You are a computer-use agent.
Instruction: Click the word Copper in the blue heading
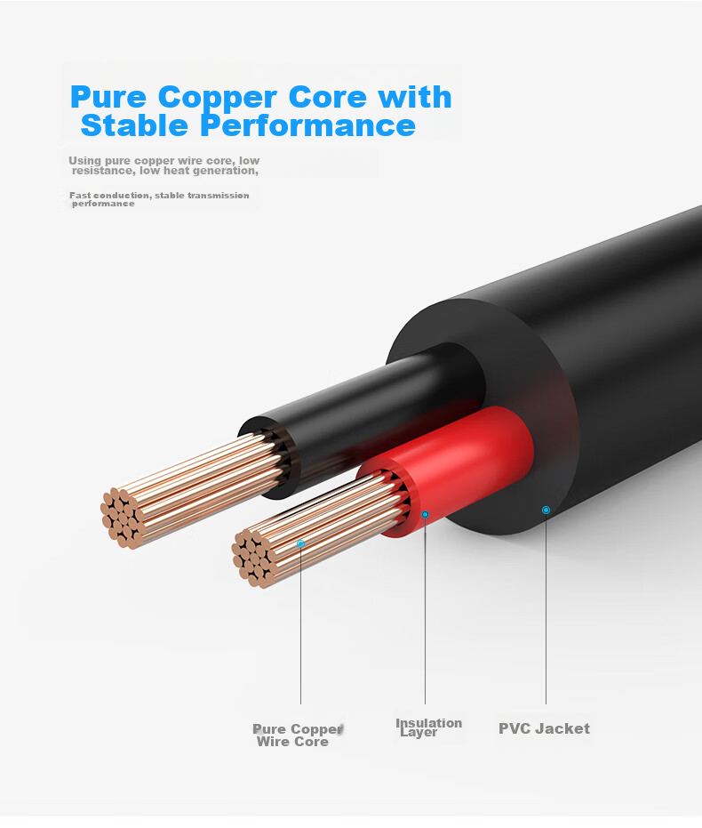coord(218,99)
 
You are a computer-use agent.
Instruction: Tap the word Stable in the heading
coord(134,125)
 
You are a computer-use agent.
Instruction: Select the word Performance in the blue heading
coord(308,125)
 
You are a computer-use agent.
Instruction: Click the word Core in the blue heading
coord(328,97)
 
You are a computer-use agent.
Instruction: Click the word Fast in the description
coord(80,196)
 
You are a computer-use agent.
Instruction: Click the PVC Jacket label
coord(545,728)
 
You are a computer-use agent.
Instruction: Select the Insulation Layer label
coord(428,728)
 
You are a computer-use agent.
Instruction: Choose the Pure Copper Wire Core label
coord(298,735)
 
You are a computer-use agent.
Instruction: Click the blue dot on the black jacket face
coord(546,510)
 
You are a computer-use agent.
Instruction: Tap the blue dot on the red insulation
coord(425,514)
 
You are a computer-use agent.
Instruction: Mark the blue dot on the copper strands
coord(300,543)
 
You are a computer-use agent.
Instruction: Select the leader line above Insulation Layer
coord(425,611)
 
